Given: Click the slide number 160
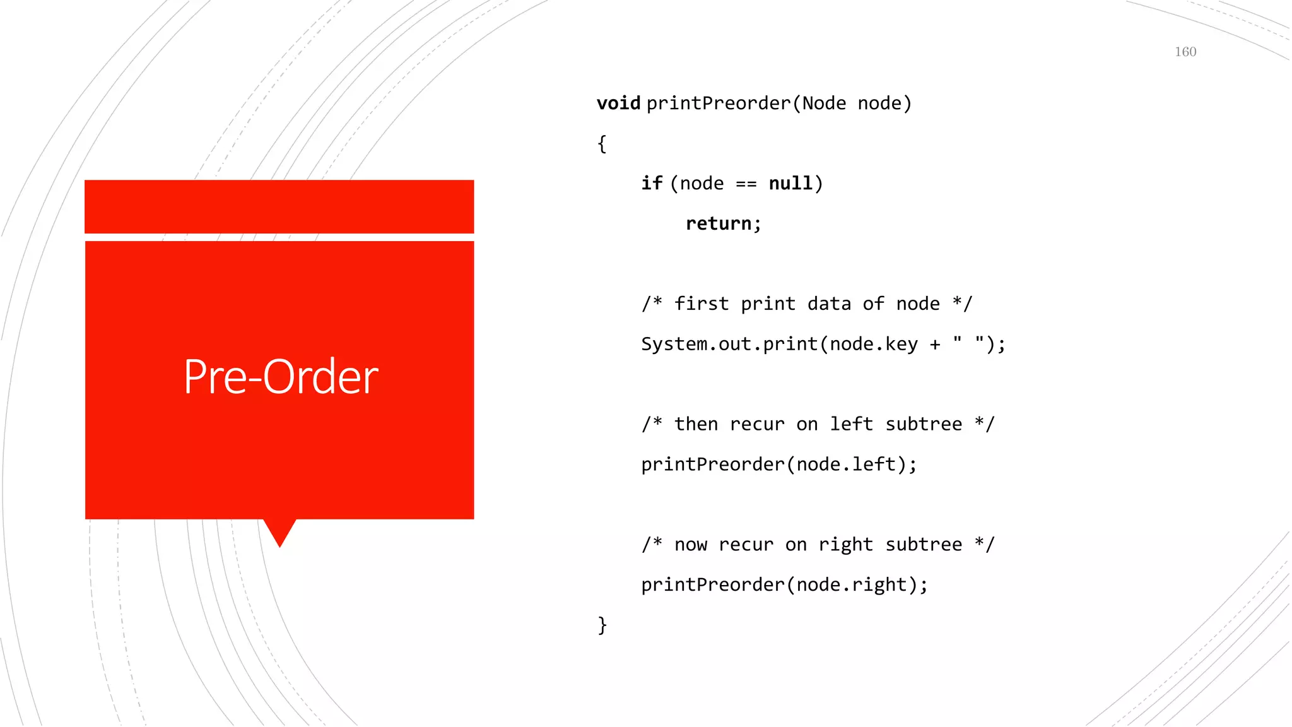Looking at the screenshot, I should (x=1185, y=52).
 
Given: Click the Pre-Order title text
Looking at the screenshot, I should (x=281, y=377).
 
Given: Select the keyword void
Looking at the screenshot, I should (x=618, y=103).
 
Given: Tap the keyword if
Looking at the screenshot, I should (x=652, y=183).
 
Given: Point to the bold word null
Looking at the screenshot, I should (x=790, y=183).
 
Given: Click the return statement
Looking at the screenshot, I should (x=723, y=223).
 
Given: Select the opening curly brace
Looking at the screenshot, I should (x=602, y=144).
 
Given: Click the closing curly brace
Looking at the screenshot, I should (x=602, y=625).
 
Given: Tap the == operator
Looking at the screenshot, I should (x=746, y=184).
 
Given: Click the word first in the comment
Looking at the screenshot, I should (x=702, y=304).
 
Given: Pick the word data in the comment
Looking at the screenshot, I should (x=829, y=304).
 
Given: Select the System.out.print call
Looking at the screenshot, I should (x=729, y=344).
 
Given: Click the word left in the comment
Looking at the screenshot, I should (x=851, y=424).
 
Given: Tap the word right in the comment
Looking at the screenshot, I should (x=845, y=545).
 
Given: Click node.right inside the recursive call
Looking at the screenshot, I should (x=852, y=585).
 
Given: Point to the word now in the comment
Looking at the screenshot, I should (x=690, y=545).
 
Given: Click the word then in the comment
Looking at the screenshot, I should (x=696, y=424).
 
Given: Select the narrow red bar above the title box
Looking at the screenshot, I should (x=279, y=206).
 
